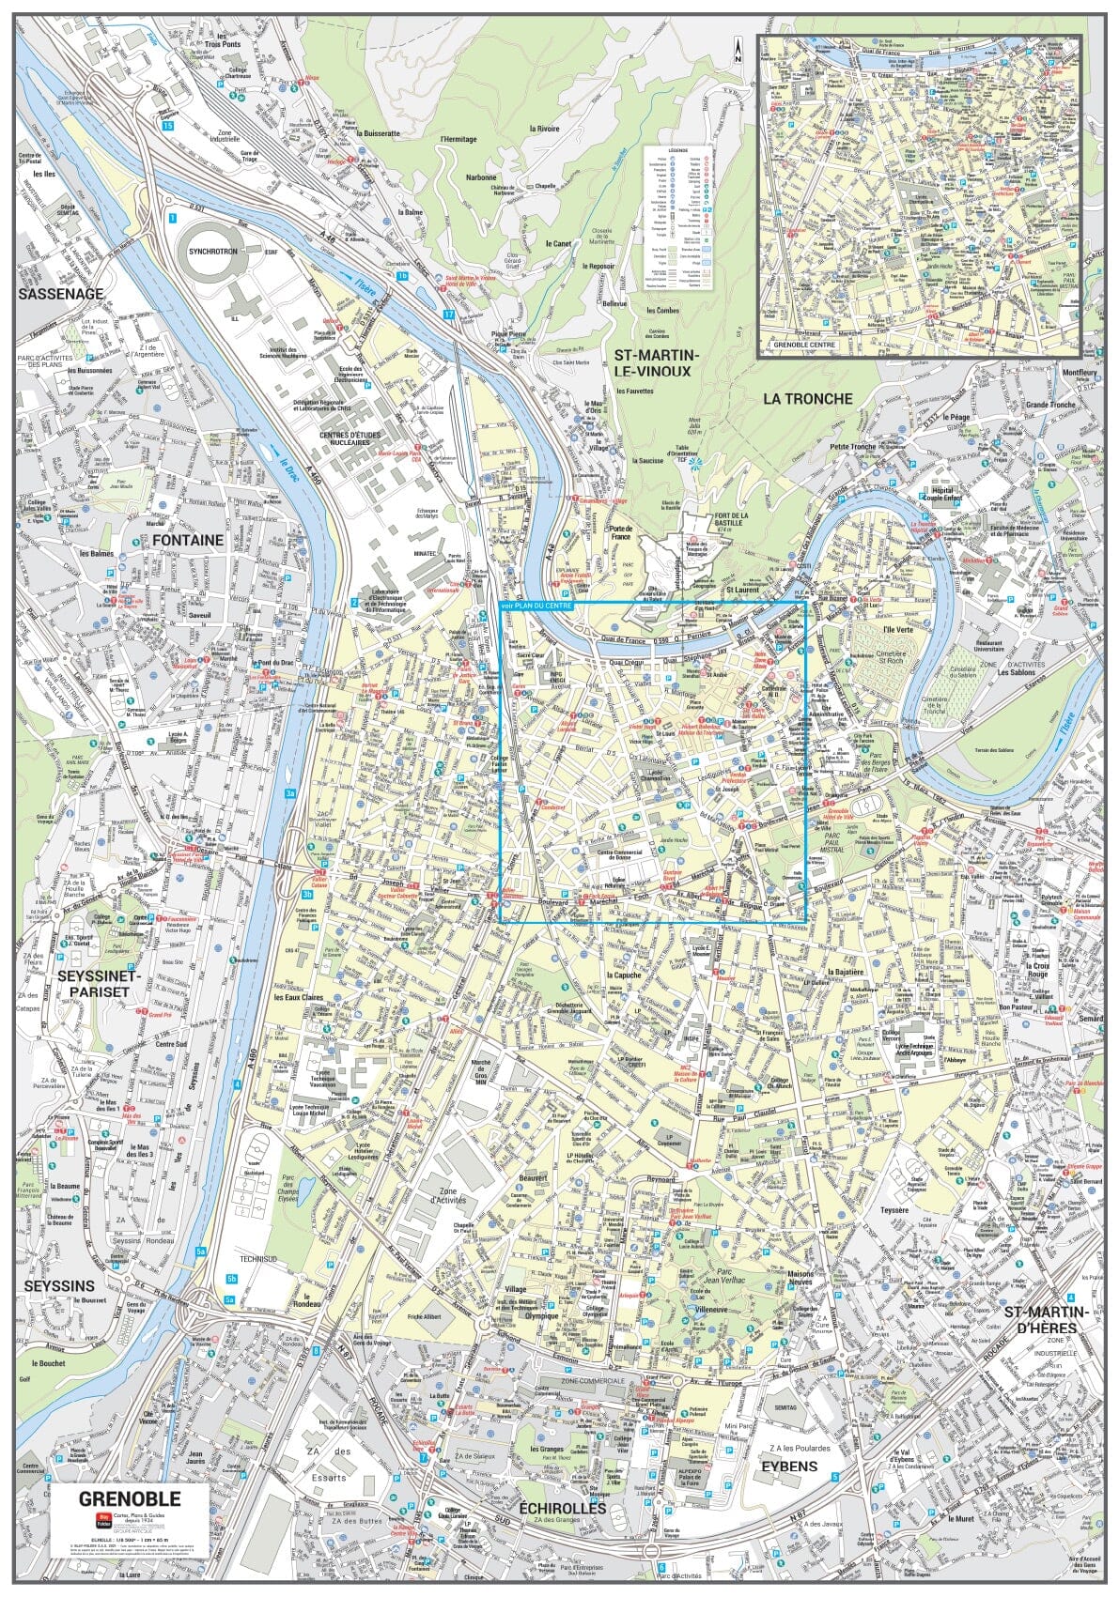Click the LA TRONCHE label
pyautogui.click(x=807, y=398)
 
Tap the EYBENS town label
pyautogui.click(x=789, y=1466)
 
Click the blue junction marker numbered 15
pyautogui.click(x=167, y=125)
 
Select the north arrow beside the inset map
pyautogui.click(x=739, y=49)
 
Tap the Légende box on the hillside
pyautogui.click(x=677, y=217)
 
